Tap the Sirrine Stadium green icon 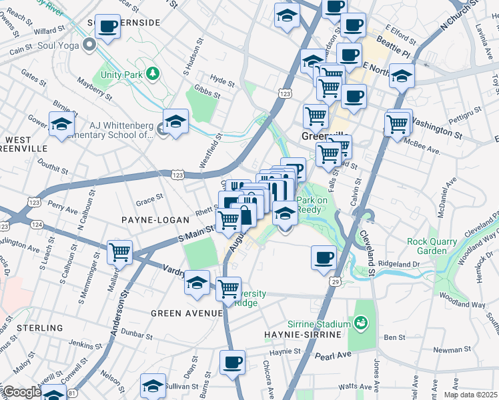click(x=362, y=323)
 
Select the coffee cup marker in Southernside click(x=107, y=27)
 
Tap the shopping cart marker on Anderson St click(x=120, y=252)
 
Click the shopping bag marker click(x=247, y=215)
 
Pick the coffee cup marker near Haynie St click(x=232, y=363)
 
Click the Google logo click(x=22, y=392)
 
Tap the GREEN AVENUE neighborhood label click(x=186, y=313)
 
